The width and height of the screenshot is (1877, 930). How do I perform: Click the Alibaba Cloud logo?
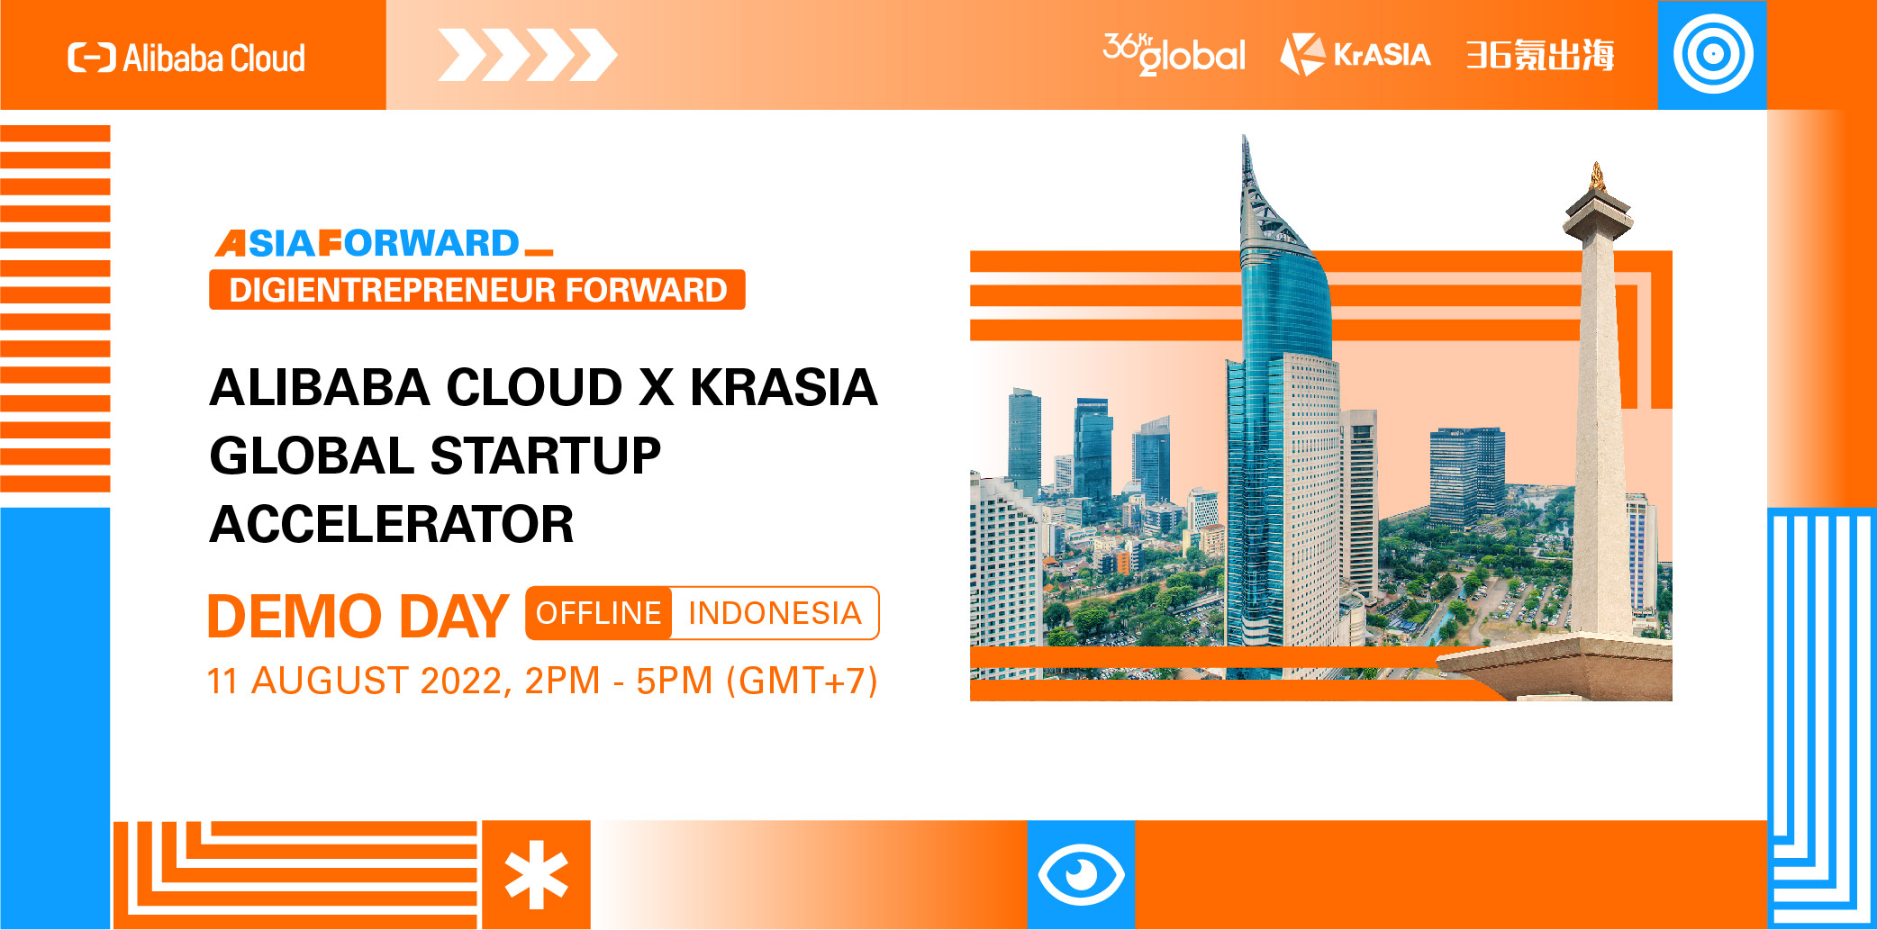click(186, 58)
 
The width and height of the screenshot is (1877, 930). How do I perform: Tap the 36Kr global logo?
click(1174, 54)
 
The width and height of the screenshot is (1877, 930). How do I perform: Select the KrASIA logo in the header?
click(1356, 54)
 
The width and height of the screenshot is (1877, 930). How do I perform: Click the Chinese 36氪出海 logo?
click(1540, 55)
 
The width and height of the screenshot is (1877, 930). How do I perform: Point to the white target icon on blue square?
click(1713, 54)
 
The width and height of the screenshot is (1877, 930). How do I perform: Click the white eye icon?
click(1081, 874)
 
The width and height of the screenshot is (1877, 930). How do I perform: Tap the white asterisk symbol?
click(537, 875)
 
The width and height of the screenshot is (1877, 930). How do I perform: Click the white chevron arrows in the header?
click(528, 55)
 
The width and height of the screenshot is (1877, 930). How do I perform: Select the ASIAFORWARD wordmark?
click(384, 243)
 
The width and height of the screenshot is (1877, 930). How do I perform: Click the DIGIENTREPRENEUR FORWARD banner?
click(477, 290)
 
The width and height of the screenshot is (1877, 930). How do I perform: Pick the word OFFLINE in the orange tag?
click(599, 613)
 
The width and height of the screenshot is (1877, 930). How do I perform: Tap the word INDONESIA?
click(775, 613)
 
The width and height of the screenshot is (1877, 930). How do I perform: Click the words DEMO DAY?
click(358, 617)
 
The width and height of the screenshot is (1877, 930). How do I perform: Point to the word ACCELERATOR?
click(392, 524)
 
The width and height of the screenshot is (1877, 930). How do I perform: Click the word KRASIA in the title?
click(784, 387)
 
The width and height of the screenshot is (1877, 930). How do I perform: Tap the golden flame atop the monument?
click(1597, 175)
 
